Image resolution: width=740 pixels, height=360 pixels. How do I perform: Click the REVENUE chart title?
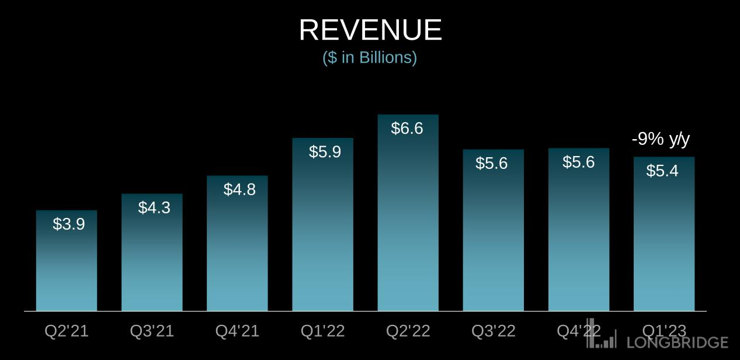(370, 30)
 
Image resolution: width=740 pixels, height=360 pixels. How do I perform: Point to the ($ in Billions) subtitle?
(370, 58)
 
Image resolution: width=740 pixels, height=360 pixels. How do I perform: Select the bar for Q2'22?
(408, 222)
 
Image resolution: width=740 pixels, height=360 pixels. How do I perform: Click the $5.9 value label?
(325, 152)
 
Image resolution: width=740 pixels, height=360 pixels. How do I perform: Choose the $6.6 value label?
(407, 129)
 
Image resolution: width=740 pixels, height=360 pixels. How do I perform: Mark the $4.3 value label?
(154, 207)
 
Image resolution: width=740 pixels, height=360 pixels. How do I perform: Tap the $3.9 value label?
(69, 224)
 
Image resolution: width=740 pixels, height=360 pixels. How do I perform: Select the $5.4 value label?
(662, 171)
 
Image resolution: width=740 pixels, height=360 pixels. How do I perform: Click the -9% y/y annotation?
(661, 140)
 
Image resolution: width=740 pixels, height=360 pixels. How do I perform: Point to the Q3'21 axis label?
(152, 331)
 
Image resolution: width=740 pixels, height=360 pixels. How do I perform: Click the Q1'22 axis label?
(322, 331)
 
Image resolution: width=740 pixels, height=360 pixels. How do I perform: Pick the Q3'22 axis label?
(494, 331)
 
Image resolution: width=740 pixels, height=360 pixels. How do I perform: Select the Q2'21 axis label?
(67, 331)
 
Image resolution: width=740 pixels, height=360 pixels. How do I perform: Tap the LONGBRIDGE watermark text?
(678, 342)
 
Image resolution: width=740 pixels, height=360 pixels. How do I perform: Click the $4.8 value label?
(239, 189)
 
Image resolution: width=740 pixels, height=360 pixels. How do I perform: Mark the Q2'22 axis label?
(408, 331)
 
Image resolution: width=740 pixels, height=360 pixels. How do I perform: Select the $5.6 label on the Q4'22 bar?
(578, 162)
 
